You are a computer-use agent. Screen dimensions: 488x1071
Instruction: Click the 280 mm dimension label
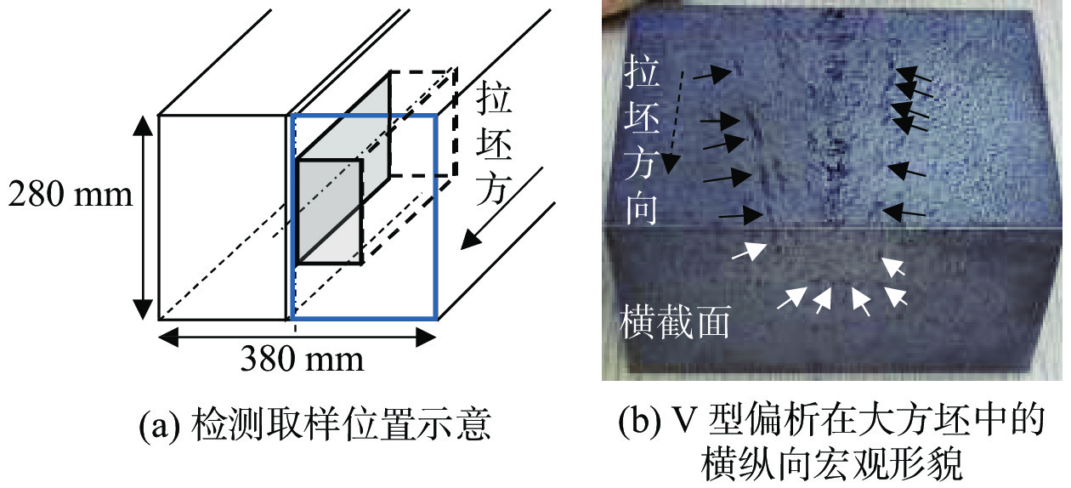(x=71, y=196)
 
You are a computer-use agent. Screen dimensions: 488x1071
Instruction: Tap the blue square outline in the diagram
(x=436, y=213)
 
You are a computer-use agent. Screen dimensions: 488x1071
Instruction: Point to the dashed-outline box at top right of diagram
(x=425, y=119)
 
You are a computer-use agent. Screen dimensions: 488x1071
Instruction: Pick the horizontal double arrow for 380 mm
(x=297, y=337)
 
